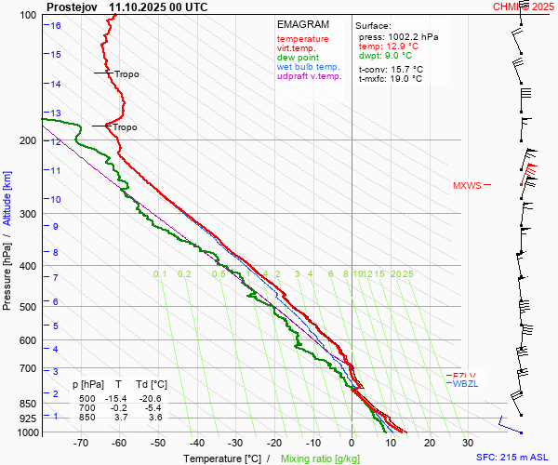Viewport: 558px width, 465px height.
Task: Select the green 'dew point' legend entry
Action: click(298, 58)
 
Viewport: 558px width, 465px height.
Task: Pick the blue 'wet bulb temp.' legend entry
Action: click(308, 68)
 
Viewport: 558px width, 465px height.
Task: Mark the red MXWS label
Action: click(467, 185)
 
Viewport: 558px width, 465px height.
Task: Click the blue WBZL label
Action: click(465, 384)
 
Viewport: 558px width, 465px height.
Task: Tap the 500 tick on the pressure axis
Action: click(32, 307)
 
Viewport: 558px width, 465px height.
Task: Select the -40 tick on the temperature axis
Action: click(196, 443)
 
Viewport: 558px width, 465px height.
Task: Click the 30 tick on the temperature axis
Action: click(468, 443)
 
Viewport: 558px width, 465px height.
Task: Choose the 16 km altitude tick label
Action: click(56, 25)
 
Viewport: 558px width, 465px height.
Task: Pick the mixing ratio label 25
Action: click(407, 274)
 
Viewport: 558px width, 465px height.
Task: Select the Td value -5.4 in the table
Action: click(155, 408)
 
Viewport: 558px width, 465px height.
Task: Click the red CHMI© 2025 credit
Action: click(525, 7)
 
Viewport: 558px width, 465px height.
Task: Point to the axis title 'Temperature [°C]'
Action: click(222, 458)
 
